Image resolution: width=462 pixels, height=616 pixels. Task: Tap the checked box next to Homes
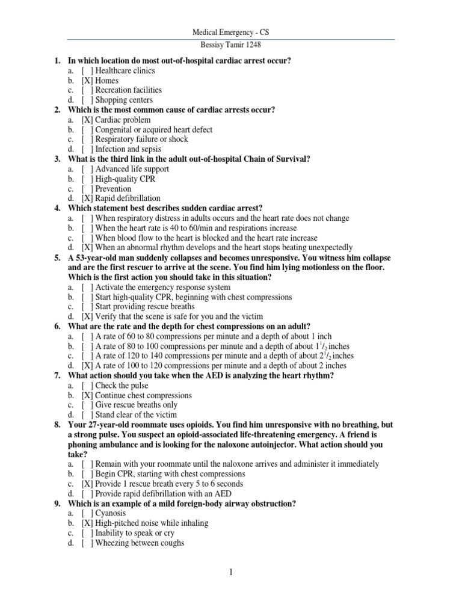click(87, 81)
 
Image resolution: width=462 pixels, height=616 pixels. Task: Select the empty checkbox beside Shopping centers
click(87, 100)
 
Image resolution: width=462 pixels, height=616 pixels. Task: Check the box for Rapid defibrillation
click(87, 199)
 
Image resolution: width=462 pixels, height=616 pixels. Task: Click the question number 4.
click(57, 208)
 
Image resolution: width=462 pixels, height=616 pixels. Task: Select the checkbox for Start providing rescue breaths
click(87, 307)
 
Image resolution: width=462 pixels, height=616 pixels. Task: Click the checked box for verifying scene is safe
click(87, 316)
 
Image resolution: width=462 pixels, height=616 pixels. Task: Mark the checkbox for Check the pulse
click(87, 386)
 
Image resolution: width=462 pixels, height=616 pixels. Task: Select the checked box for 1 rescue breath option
click(87, 484)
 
